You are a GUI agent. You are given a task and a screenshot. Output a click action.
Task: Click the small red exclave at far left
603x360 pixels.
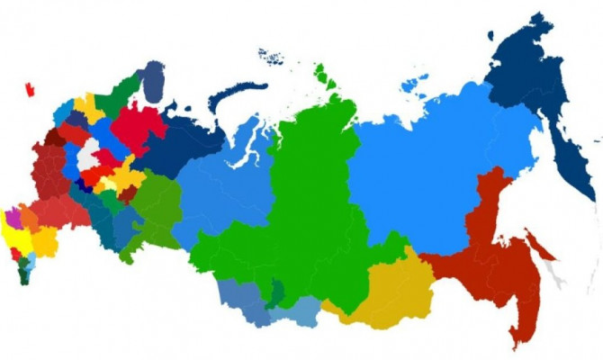coord(30,89)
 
